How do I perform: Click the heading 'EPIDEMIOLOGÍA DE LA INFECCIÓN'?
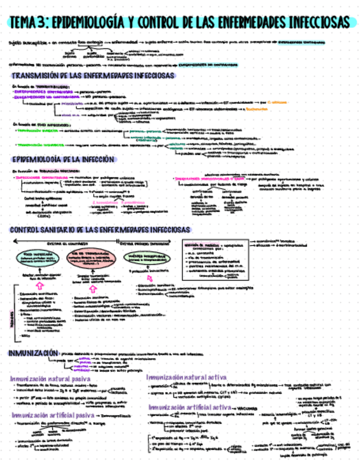point(63,160)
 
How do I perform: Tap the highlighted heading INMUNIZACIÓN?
point(32,354)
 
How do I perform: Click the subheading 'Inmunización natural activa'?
point(187,377)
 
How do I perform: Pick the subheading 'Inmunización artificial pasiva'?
point(52,415)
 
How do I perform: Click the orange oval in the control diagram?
point(37,258)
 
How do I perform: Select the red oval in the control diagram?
point(91,258)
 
